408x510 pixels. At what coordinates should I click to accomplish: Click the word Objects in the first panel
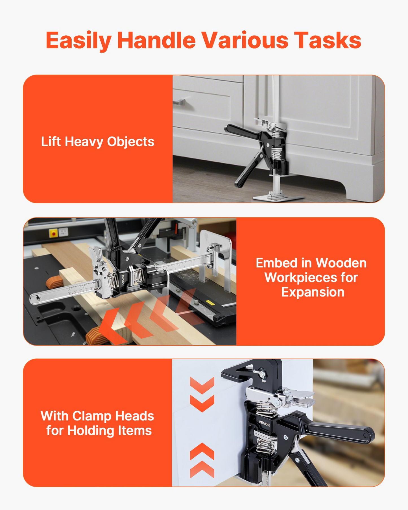click(130, 142)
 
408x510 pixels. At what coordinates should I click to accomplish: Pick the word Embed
click(276, 263)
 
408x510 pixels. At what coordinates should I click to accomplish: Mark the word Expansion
click(313, 292)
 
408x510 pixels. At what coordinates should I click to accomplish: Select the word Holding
click(91, 431)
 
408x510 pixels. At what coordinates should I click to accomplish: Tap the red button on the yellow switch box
click(53, 234)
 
